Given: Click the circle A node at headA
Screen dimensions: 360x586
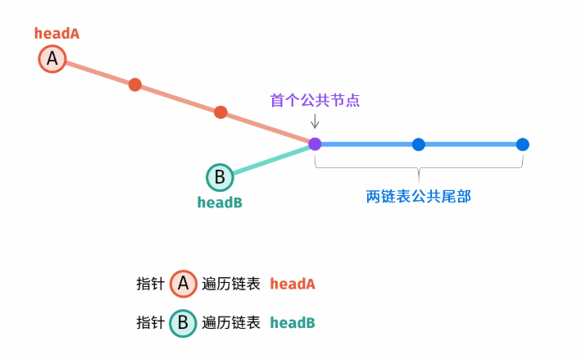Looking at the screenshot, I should point(52,59).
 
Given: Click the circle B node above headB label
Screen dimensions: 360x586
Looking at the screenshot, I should point(220,177).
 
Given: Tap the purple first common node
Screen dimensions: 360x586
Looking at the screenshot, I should point(315,144).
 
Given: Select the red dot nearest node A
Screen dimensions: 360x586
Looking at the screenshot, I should point(135,84).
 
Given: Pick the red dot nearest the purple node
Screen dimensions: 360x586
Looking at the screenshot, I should point(220,112).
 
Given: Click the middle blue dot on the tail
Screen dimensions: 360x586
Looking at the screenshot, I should point(419,144).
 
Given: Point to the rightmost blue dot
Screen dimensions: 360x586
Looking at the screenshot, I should point(523,144).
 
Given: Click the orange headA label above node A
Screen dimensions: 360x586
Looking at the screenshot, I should point(57,34).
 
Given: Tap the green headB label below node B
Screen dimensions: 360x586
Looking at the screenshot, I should point(220,202).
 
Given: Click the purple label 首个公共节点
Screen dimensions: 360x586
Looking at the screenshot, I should point(316,100).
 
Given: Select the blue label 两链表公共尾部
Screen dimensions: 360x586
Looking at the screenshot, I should point(419,197).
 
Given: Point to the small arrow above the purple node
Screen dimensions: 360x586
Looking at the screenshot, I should point(315,121).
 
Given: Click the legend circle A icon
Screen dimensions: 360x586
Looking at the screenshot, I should point(184,284).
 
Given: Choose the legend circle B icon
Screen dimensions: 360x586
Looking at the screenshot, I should point(184,322).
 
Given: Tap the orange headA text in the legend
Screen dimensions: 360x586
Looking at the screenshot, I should point(293,284).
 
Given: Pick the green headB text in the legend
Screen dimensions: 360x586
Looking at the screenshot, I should point(293,322).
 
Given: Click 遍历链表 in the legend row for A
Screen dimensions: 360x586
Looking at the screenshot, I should point(231,284).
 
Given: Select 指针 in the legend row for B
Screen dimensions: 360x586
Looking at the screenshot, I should point(150,322).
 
